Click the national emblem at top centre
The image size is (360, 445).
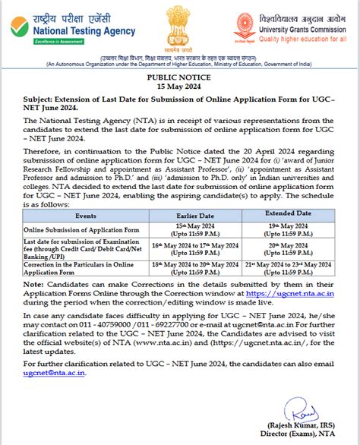(178, 27)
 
